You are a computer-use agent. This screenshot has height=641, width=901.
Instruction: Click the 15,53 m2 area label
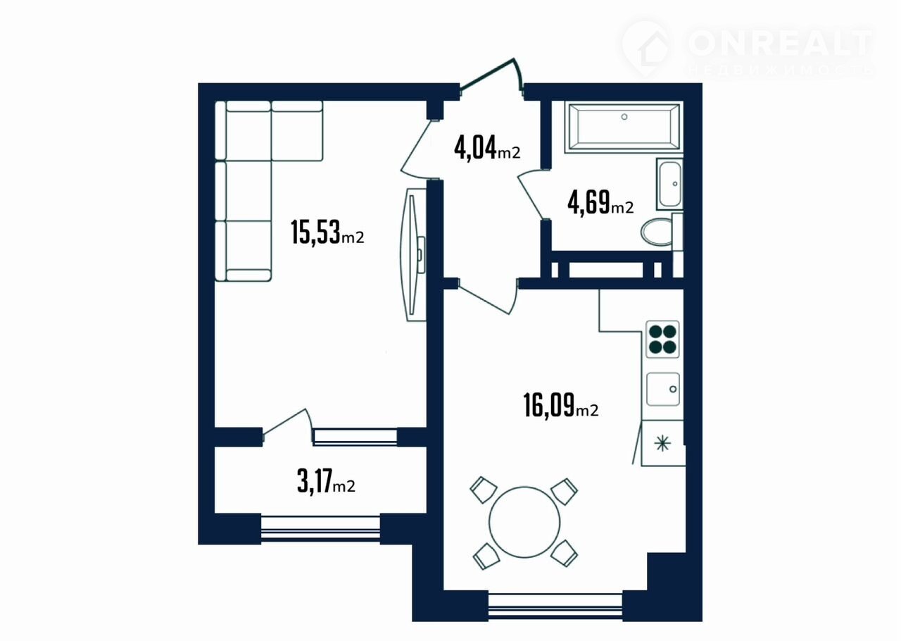point(327,232)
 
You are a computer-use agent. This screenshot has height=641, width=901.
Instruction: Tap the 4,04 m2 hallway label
point(487,147)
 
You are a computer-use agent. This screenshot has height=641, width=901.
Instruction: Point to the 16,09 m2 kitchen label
point(560,406)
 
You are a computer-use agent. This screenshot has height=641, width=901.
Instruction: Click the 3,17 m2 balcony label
point(326,482)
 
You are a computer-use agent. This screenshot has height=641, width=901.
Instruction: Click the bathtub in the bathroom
point(624,127)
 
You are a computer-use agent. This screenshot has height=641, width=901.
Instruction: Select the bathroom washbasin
point(669,184)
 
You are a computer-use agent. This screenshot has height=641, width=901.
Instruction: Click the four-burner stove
point(662,340)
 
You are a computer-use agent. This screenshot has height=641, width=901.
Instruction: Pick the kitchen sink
point(663,389)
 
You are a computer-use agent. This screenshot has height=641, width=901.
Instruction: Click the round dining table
point(524,522)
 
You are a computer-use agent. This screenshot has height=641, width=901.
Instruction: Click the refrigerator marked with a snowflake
point(662,443)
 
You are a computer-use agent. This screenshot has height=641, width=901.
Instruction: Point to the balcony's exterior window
point(320,528)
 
